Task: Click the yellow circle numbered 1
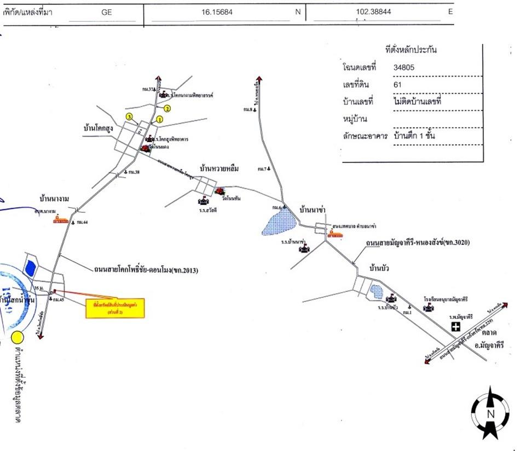coord(160,119)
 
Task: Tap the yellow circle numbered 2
coord(169,108)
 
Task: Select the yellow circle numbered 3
coord(129,117)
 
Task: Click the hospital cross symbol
coord(455,327)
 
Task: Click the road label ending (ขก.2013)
coord(145,269)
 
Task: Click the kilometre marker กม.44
coord(82,221)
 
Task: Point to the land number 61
coord(397,85)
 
